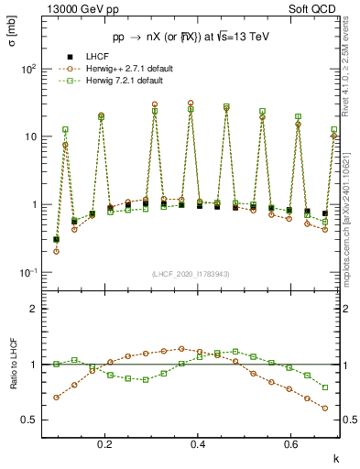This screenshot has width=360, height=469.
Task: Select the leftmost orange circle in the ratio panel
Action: point(57,398)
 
